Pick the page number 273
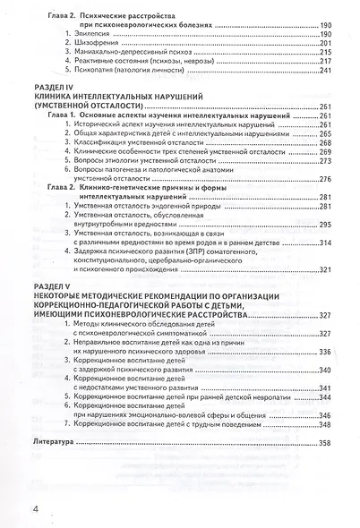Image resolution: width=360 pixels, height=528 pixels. coord(325,161)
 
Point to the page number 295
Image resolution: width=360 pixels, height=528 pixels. coord(324,225)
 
